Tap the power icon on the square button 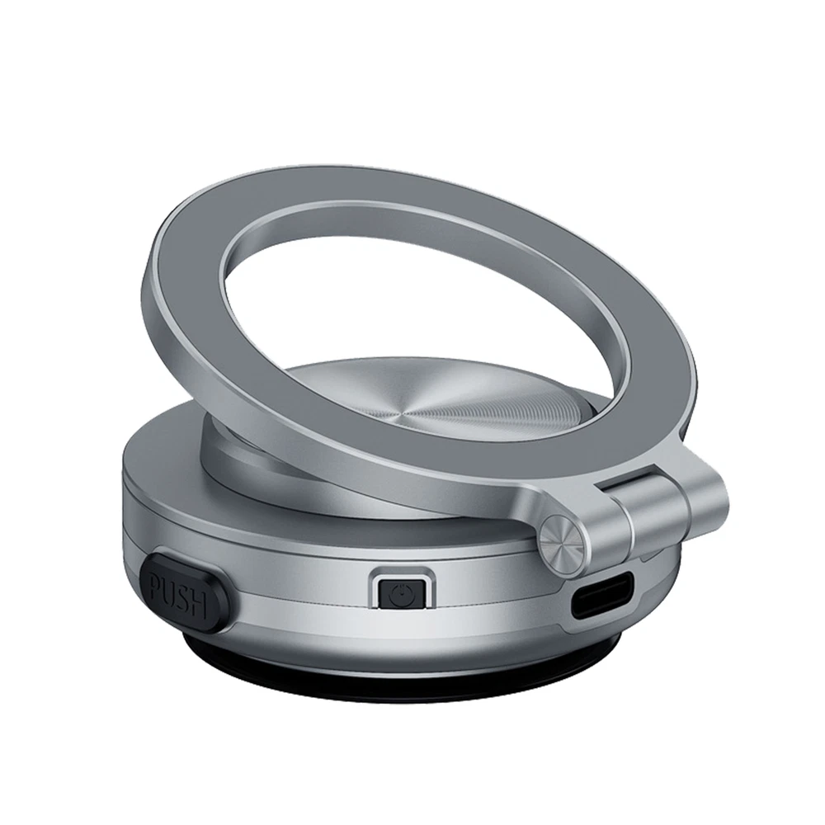tap(401, 595)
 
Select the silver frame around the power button tap(402, 572)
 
